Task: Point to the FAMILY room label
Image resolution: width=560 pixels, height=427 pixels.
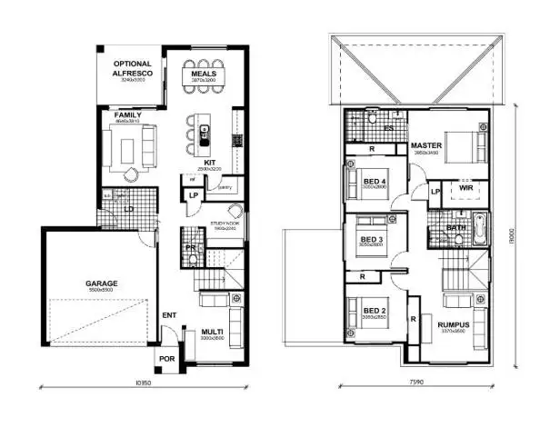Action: pos(128,116)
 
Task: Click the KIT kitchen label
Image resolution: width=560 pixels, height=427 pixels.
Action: pos(208,163)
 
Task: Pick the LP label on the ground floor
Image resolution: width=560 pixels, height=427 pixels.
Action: pos(193,195)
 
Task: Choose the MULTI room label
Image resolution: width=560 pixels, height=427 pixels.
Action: pos(211,333)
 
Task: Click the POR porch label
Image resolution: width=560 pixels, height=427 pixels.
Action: pos(166,358)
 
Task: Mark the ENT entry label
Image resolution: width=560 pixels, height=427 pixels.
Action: pos(168,315)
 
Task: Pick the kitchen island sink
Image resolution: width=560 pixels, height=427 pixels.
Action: pos(205,140)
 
